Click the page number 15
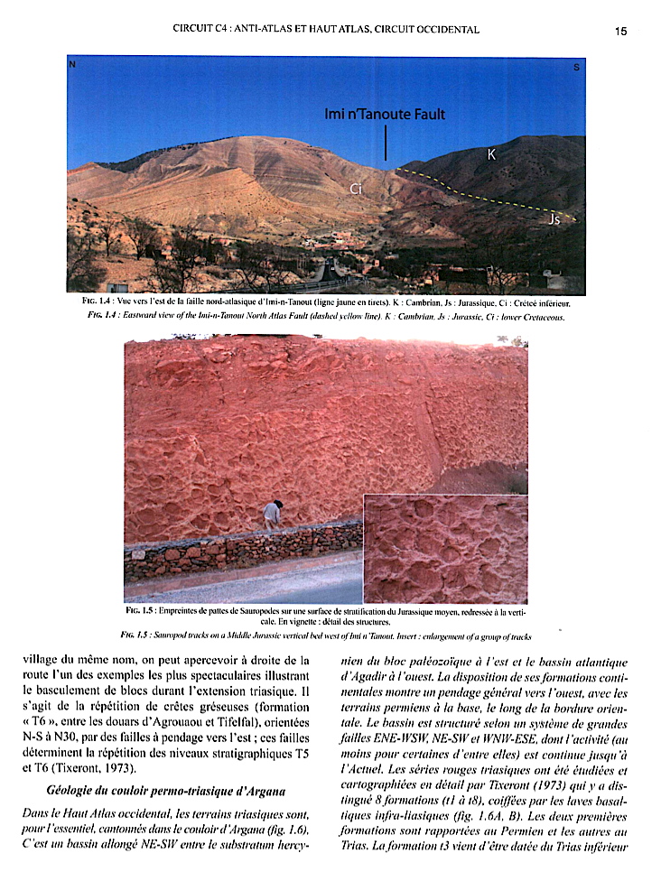[620, 31]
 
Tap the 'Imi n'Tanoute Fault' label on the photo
[385, 115]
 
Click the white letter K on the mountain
[491, 155]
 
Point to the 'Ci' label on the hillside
[357, 189]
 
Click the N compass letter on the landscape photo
[73, 66]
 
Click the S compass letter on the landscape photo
[576, 68]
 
